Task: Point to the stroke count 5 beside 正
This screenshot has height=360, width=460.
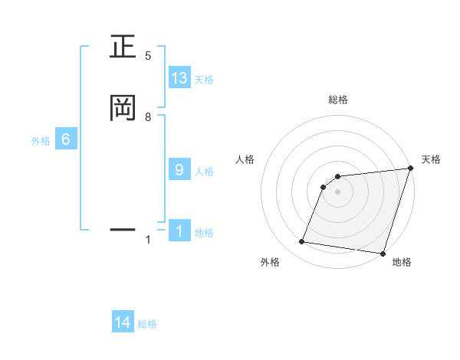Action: [148, 56]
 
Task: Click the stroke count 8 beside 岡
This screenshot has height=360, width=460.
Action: [148, 116]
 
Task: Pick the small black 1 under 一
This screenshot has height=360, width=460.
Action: [148, 241]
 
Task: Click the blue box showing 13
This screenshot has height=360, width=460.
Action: [179, 77]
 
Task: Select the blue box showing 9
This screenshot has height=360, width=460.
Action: [179, 169]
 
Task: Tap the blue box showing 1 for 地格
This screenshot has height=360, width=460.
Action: [179, 231]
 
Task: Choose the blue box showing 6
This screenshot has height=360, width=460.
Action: [66, 139]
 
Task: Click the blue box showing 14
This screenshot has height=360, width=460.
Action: [123, 322]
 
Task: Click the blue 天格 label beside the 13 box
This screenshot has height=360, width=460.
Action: [204, 80]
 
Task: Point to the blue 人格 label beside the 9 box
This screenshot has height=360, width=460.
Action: [204, 172]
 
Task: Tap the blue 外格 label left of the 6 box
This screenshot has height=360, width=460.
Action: [41, 142]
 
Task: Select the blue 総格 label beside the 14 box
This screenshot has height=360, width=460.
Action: [147, 325]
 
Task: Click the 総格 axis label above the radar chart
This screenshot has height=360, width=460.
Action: [338, 100]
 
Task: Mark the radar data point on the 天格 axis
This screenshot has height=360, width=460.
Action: [410, 169]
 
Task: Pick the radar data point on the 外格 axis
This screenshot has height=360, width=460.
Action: [302, 242]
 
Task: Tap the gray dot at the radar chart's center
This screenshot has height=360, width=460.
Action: [337, 191]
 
